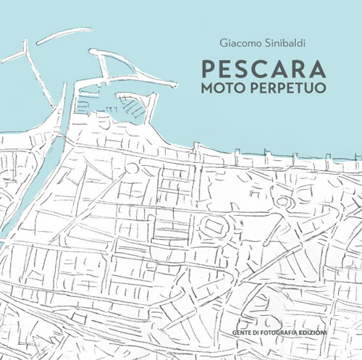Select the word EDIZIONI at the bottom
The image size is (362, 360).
tap(312, 312)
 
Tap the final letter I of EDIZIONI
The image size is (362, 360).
tap(326, 312)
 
